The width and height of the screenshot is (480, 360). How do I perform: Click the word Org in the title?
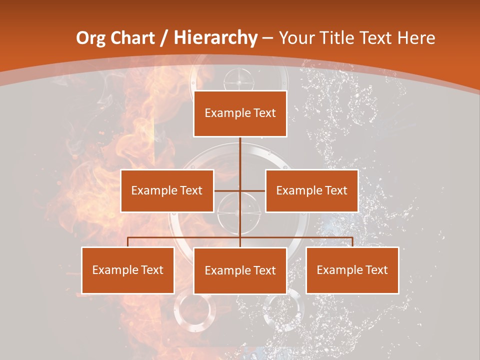click(x=91, y=38)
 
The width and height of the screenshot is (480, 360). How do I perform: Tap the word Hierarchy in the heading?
click(x=215, y=38)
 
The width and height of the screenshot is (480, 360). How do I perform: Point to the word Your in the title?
click(x=295, y=38)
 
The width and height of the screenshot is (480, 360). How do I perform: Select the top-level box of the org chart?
click(x=240, y=113)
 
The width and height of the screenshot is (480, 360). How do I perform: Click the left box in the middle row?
click(x=167, y=190)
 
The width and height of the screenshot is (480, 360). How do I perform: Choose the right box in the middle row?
click(x=311, y=190)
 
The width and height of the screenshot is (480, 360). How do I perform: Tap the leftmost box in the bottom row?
click(x=128, y=270)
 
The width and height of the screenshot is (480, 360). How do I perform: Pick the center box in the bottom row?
click(x=240, y=270)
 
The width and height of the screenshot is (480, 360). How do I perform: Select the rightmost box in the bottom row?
click(x=352, y=270)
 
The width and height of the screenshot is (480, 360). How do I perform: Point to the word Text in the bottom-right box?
click(x=376, y=270)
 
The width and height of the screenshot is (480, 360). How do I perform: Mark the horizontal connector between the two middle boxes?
click(x=228, y=190)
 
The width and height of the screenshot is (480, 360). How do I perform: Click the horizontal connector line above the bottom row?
click(x=185, y=237)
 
